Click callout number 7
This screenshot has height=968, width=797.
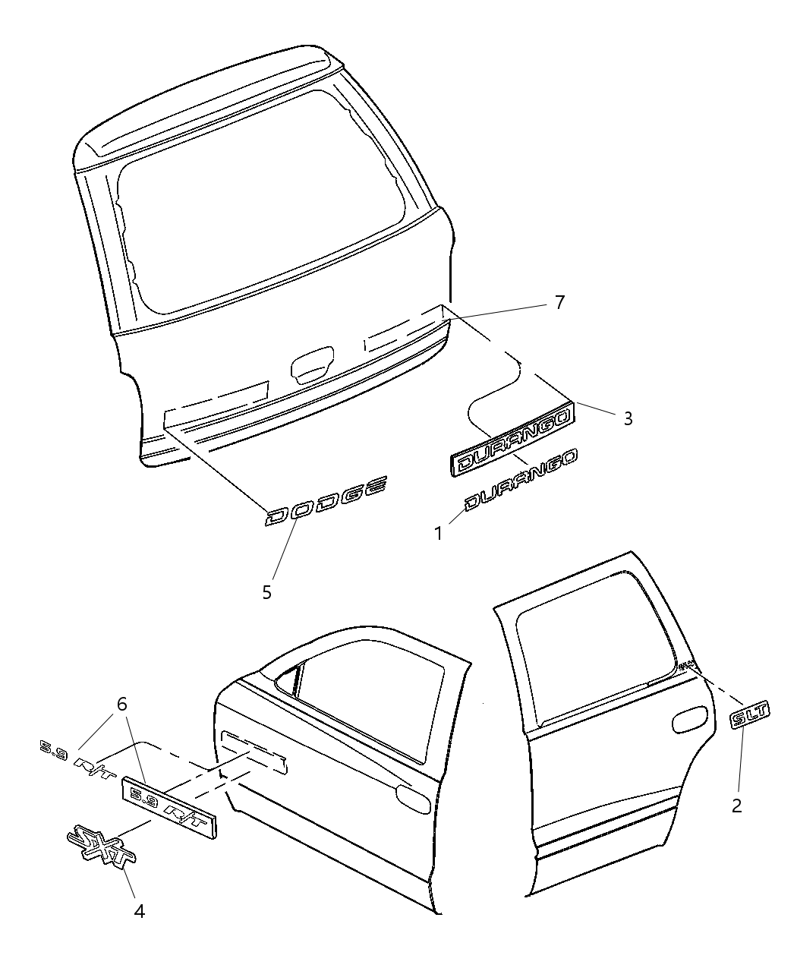click(559, 303)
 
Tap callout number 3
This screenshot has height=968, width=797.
click(628, 418)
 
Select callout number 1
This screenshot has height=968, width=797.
click(438, 534)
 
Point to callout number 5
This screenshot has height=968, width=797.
click(266, 591)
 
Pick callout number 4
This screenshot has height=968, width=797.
click(140, 911)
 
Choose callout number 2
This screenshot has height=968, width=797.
click(737, 806)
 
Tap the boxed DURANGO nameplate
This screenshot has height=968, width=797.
click(513, 440)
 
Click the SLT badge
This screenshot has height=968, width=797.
click(749, 716)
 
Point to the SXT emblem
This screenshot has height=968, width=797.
click(100, 842)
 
